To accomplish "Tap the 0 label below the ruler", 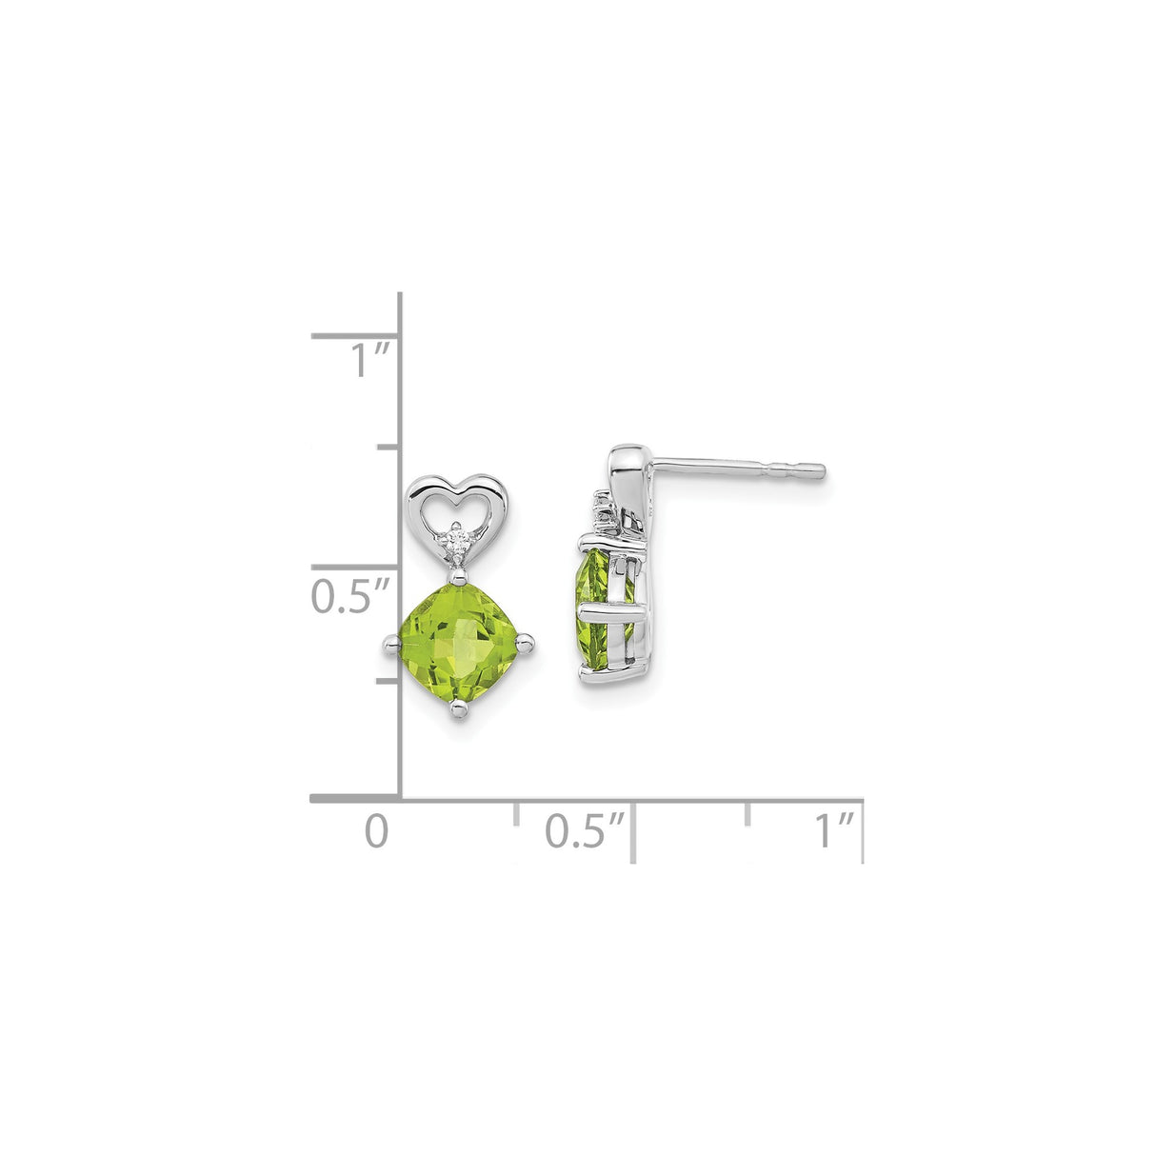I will click(x=377, y=830).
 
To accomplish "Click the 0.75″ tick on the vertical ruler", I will click(x=388, y=447).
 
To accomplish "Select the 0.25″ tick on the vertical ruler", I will click(x=388, y=681).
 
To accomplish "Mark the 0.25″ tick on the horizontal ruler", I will click(x=516, y=812).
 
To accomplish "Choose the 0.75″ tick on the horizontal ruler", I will click(x=748, y=812).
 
